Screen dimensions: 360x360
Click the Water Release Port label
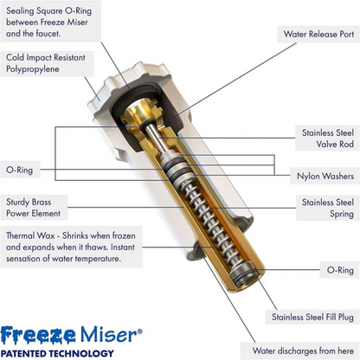pyautogui.click(x=318, y=35)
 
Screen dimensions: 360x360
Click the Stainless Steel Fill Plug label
pyautogui.click(x=312, y=317)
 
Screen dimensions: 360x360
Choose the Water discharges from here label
pyautogui.click(x=304, y=350)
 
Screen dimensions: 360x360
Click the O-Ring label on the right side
pyautogui.click(x=340, y=270)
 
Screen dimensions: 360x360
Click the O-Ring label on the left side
pyautogui.click(x=19, y=170)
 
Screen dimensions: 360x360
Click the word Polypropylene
pyautogui.click(x=34, y=68)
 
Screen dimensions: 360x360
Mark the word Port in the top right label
pyautogui.click(x=344, y=35)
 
